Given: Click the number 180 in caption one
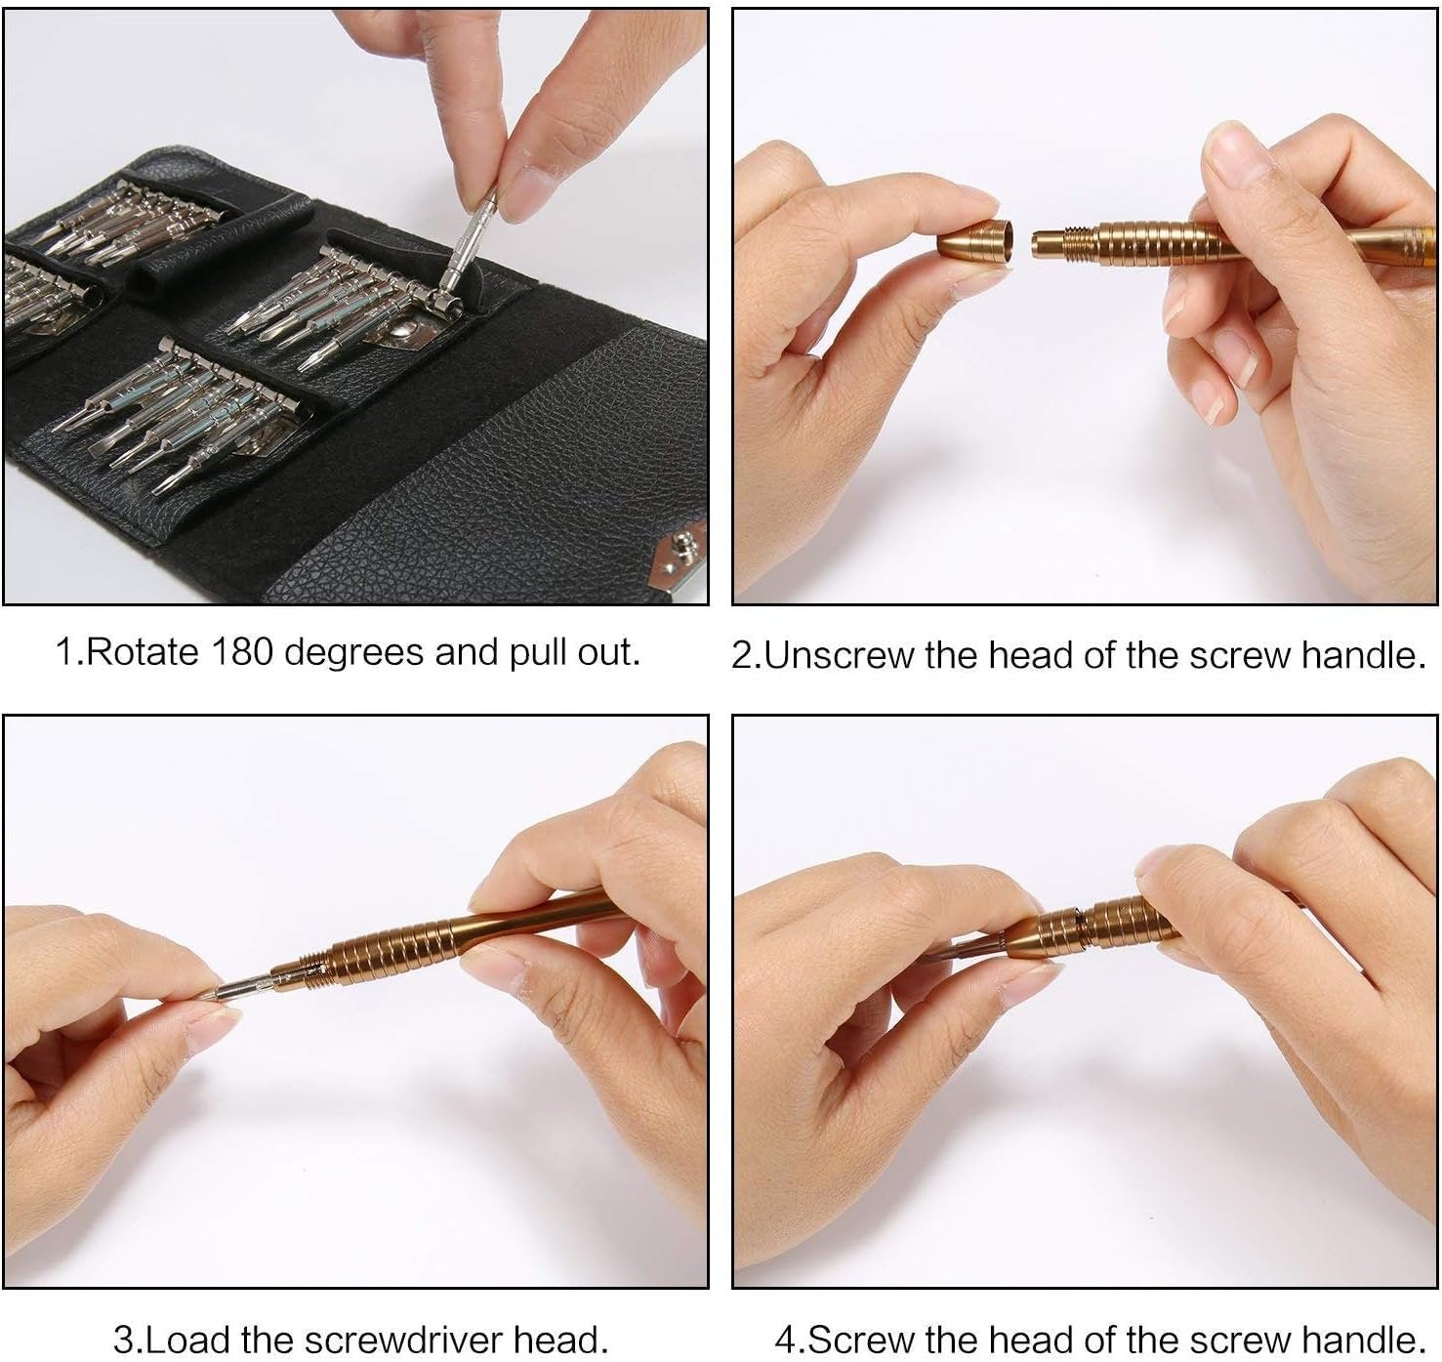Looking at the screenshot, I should [242, 652].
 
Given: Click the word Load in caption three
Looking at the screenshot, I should [187, 1339].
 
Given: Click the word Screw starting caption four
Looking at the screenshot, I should [858, 1339].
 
